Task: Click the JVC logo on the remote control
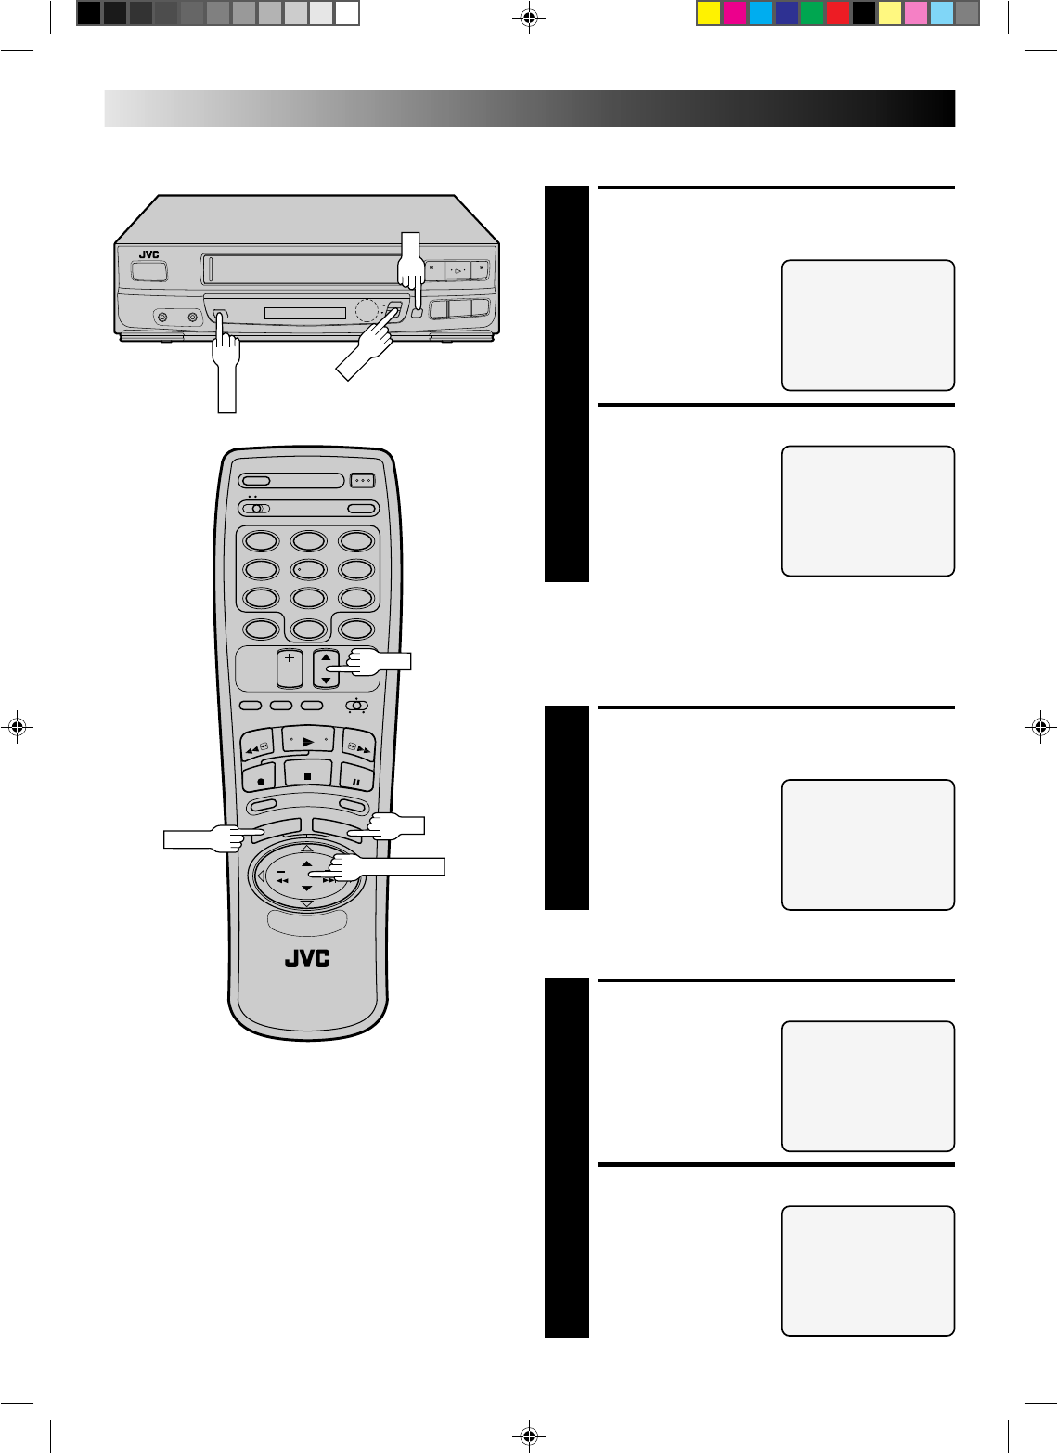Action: click(x=306, y=958)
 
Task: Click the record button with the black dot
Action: click(x=260, y=780)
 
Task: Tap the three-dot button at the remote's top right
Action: click(x=361, y=481)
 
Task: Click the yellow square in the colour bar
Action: click(x=709, y=13)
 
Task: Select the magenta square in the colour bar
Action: click(x=734, y=13)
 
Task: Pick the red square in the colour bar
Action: click(x=838, y=13)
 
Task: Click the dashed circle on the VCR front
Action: click(x=367, y=310)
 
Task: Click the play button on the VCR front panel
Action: click(x=458, y=271)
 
